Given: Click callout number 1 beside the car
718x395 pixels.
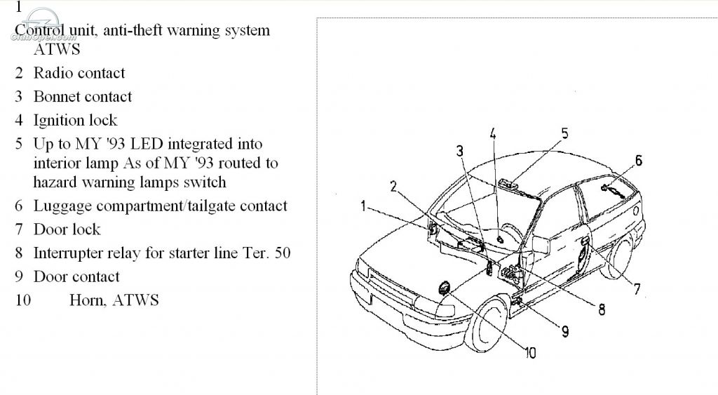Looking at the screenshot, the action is (x=363, y=206).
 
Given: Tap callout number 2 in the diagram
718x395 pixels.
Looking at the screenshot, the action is (x=393, y=186).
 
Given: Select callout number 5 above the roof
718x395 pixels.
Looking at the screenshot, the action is (x=564, y=133).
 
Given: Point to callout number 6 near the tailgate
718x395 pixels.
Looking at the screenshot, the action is (x=638, y=161).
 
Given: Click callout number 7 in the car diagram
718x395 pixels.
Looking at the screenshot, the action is (x=637, y=289).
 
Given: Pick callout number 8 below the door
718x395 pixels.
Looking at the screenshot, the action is (x=602, y=310).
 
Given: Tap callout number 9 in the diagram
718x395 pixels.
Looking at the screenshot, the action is (x=565, y=331).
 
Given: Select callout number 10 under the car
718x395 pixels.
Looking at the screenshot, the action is (x=530, y=353).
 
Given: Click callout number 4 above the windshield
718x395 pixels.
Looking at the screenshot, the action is (x=493, y=134).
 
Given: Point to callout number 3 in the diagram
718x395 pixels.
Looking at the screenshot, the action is (x=460, y=151).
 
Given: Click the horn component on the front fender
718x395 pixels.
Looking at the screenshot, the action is (x=444, y=288).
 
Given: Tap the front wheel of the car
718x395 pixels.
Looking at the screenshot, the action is (x=486, y=323).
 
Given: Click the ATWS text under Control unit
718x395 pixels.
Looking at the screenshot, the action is (x=57, y=50).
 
